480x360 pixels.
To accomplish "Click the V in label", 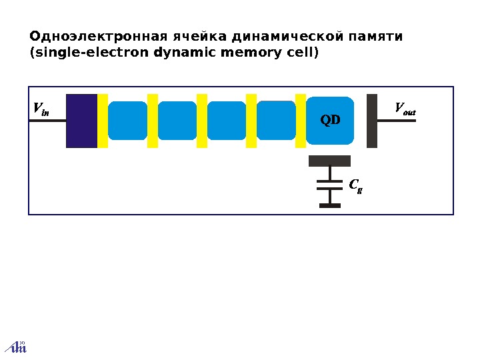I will (41, 109).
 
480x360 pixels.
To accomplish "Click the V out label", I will (405, 109).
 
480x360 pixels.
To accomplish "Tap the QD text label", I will (330, 121).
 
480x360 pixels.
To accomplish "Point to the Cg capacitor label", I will (355, 185).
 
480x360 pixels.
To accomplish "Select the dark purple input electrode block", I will (82, 121).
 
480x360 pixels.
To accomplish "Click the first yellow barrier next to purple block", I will (103, 121).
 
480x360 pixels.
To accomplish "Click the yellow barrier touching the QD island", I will (301, 121).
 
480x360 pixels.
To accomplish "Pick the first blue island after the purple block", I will (127, 121).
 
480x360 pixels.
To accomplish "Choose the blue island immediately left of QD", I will (276, 121).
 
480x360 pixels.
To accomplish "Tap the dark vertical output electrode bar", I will (372, 121).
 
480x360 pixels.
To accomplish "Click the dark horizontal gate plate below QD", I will (329, 161).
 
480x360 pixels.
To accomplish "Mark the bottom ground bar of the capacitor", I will (329, 205).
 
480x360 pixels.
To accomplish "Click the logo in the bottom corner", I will (16, 347).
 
